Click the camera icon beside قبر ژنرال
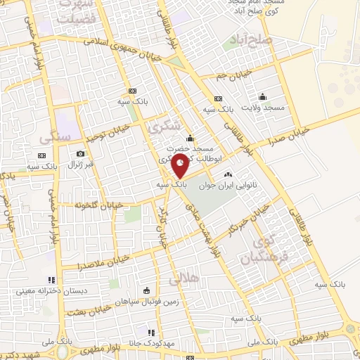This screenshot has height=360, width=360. [x=81, y=154]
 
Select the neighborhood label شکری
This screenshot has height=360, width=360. [x=165, y=126]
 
